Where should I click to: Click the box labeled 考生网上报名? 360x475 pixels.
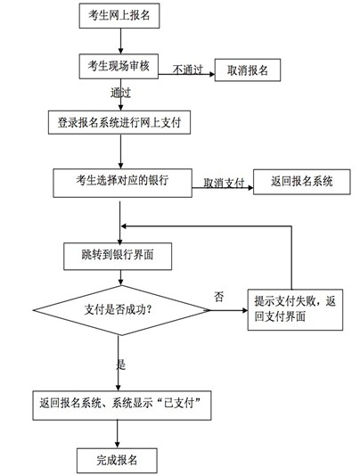coord(119,16)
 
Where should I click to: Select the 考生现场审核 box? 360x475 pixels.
coord(119,67)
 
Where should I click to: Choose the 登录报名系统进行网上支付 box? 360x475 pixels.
coord(119,120)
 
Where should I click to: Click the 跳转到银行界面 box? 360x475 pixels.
coord(119,257)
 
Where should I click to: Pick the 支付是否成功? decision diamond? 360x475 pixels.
coord(119,309)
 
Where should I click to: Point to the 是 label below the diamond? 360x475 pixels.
coord(120,364)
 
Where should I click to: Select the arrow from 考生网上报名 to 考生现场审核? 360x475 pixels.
coord(119,41)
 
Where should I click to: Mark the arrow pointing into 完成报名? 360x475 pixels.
coord(119,432)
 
